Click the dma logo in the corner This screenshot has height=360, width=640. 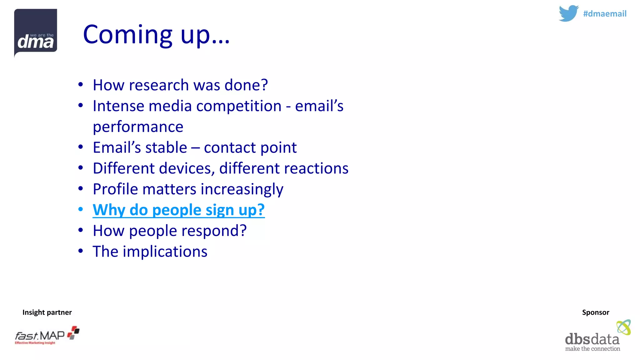[x=36, y=32]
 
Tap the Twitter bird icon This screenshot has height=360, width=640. [x=568, y=13]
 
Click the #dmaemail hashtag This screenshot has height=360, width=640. [x=604, y=14]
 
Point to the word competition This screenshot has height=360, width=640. [x=239, y=106]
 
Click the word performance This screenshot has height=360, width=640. [x=138, y=127]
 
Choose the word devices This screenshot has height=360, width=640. [x=187, y=168]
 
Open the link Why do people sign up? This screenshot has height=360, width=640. [x=178, y=210]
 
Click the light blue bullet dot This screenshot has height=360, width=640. [x=81, y=209]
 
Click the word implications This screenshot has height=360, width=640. [x=165, y=252]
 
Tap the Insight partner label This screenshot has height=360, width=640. [x=47, y=312]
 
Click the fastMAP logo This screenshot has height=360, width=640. [x=47, y=336]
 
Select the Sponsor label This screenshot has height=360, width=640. [x=595, y=312]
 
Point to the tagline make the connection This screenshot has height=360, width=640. [x=592, y=349]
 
